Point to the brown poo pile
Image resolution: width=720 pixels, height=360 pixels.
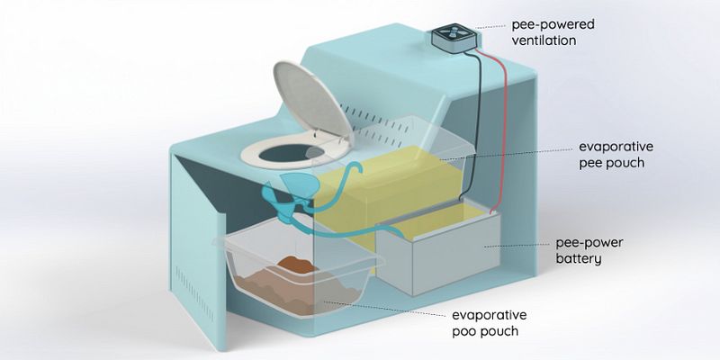286,267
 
